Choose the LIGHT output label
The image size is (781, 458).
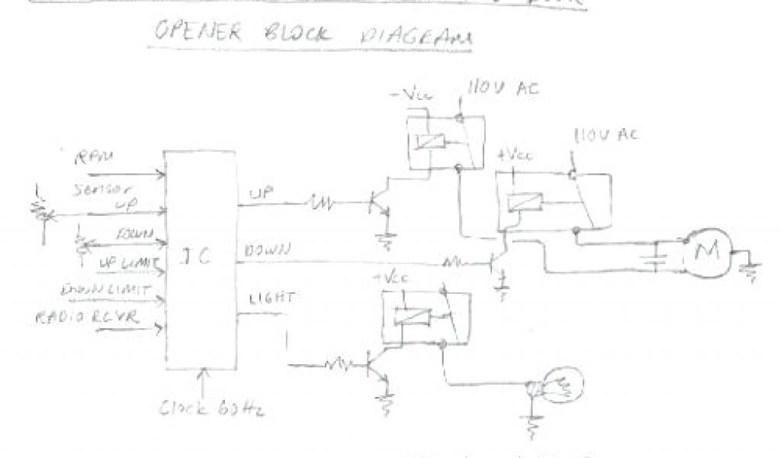pos(265,297)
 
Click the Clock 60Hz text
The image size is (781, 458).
pos(212,408)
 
